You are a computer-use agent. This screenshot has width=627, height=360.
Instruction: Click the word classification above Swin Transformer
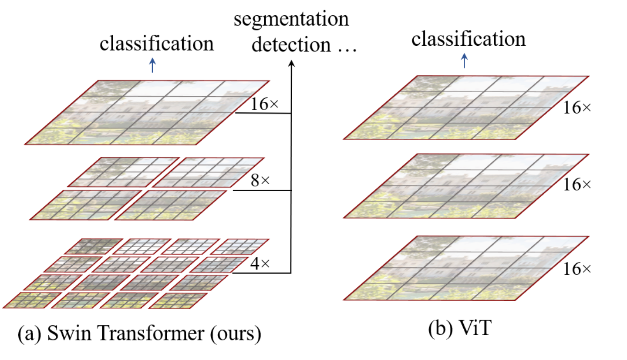coord(157,44)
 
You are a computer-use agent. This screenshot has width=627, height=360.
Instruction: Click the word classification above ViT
coord(469,39)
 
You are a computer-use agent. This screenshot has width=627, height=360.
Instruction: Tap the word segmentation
coord(291,20)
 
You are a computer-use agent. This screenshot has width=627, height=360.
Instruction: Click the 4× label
coord(260,263)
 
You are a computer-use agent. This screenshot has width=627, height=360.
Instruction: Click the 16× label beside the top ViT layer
coord(577,108)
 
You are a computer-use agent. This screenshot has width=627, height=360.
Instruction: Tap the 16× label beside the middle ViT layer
coord(577,185)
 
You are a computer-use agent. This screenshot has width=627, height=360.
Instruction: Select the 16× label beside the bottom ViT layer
coord(577,269)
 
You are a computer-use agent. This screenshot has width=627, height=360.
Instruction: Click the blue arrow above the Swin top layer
coord(152,66)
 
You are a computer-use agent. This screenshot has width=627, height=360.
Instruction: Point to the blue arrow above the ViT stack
coord(464,61)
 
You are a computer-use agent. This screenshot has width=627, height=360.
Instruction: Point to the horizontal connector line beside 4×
coord(261,273)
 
